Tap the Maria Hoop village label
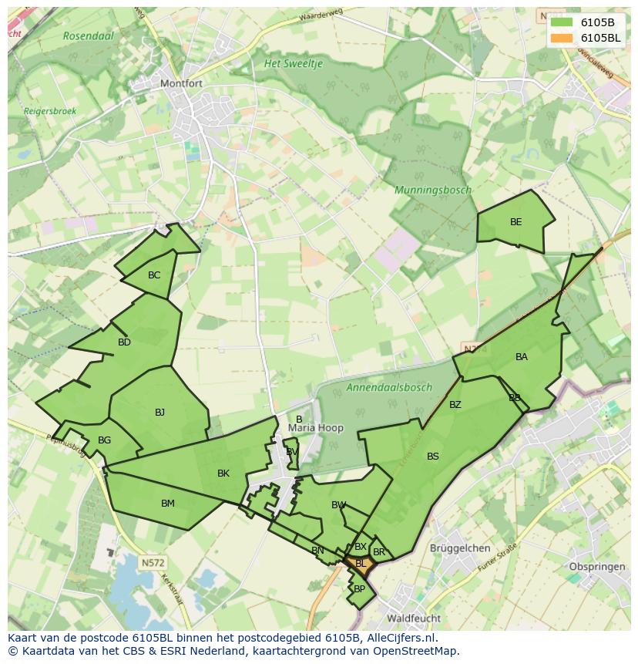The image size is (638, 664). (x=316, y=428)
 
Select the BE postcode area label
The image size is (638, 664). (x=516, y=222)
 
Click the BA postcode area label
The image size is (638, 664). (x=522, y=357)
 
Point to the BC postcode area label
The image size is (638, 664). (x=154, y=275)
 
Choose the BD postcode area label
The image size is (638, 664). (x=124, y=342)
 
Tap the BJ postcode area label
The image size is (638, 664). (x=159, y=413)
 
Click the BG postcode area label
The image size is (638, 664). (x=105, y=440)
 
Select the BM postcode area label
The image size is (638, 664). (x=168, y=504)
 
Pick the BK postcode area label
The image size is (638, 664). (x=223, y=474)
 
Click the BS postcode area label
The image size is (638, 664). (x=433, y=457)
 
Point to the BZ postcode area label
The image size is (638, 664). (x=455, y=405)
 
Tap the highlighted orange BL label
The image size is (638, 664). (x=361, y=564)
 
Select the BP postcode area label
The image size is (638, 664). (x=359, y=588)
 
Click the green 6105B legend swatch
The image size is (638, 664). (x=562, y=22)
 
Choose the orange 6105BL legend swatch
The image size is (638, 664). (x=562, y=37)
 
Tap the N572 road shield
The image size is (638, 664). (x=153, y=563)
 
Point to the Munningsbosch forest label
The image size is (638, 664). (x=433, y=190)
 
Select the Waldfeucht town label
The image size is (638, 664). (x=414, y=618)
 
